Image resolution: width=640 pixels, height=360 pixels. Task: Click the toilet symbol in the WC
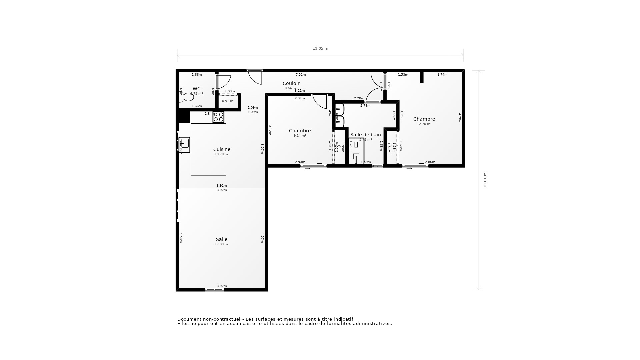pyautogui.click(x=187, y=97)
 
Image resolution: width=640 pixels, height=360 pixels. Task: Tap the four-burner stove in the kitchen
pyautogui.click(x=219, y=117)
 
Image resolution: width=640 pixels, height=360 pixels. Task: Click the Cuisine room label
pyautogui.click(x=222, y=149)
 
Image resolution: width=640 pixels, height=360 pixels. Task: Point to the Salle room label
pyautogui.click(x=222, y=239)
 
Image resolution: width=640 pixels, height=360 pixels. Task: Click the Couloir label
pyautogui.click(x=291, y=83)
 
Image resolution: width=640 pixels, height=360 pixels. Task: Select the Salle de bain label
pyautogui.click(x=365, y=135)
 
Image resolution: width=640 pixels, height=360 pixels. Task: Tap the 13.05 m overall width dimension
pyautogui.click(x=320, y=48)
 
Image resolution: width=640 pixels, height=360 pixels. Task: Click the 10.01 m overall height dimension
pyautogui.click(x=485, y=180)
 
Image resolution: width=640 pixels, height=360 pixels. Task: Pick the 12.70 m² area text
pyautogui.click(x=424, y=124)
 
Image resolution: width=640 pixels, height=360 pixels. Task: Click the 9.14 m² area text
pyautogui.click(x=300, y=136)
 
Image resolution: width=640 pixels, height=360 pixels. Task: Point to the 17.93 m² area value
pyautogui.click(x=222, y=244)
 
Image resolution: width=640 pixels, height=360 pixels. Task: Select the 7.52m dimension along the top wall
pyautogui.click(x=301, y=75)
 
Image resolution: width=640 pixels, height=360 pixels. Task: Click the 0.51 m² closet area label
pyautogui.click(x=228, y=101)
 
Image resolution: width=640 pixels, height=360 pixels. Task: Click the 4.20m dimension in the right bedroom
pyautogui.click(x=459, y=118)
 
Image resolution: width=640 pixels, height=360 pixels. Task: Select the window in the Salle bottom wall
pyautogui.click(x=214, y=290)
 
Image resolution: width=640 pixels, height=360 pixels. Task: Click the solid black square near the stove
pyautogui.click(x=184, y=117)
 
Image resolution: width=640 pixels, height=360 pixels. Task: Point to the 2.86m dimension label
pyautogui.click(x=430, y=162)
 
